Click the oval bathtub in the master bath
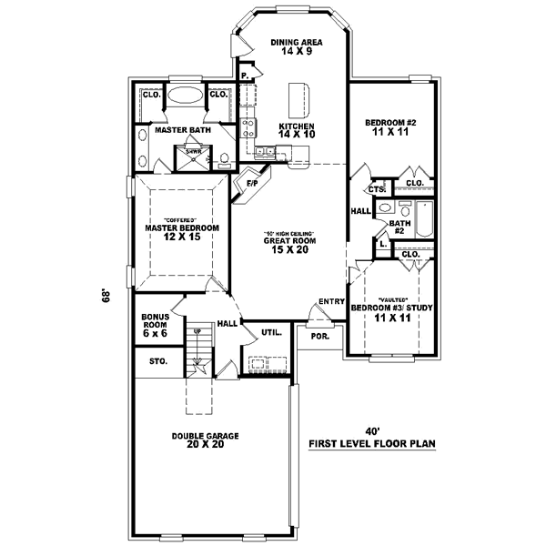tap(186, 96)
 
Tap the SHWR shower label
tap(194, 152)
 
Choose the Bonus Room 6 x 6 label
tap(155, 326)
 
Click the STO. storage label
tap(157, 361)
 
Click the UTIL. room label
tap(271, 333)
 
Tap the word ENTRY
tap(329, 302)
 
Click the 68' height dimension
tap(106, 296)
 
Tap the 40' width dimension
tap(372, 431)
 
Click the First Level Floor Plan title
tap(372, 444)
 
